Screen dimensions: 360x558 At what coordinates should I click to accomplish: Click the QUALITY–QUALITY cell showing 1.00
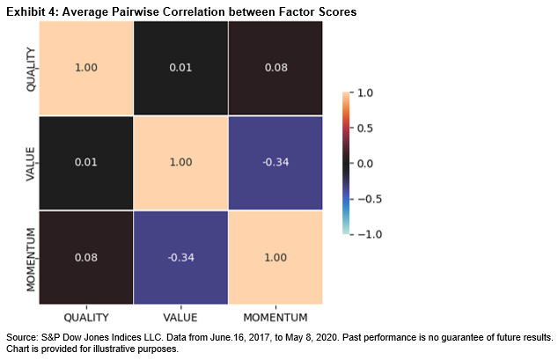pyautogui.click(x=86, y=67)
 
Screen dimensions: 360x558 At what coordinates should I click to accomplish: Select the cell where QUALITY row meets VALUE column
pyautogui.click(x=181, y=67)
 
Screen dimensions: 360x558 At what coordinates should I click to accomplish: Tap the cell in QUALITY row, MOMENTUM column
pyautogui.click(x=275, y=67)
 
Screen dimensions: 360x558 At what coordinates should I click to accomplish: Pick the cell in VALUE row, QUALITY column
pyautogui.click(x=86, y=163)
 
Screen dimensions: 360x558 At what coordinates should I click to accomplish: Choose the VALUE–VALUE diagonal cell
pyautogui.click(x=181, y=163)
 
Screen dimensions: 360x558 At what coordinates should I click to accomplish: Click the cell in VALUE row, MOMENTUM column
pyautogui.click(x=275, y=163)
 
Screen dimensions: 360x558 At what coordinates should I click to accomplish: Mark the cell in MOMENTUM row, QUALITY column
pyautogui.click(x=86, y=258)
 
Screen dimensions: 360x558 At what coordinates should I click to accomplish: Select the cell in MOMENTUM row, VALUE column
pyautogui.click(x=181, y=258)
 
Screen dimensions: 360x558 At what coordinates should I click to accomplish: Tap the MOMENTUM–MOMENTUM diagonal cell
pyautogui.click(x=275, y=258)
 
